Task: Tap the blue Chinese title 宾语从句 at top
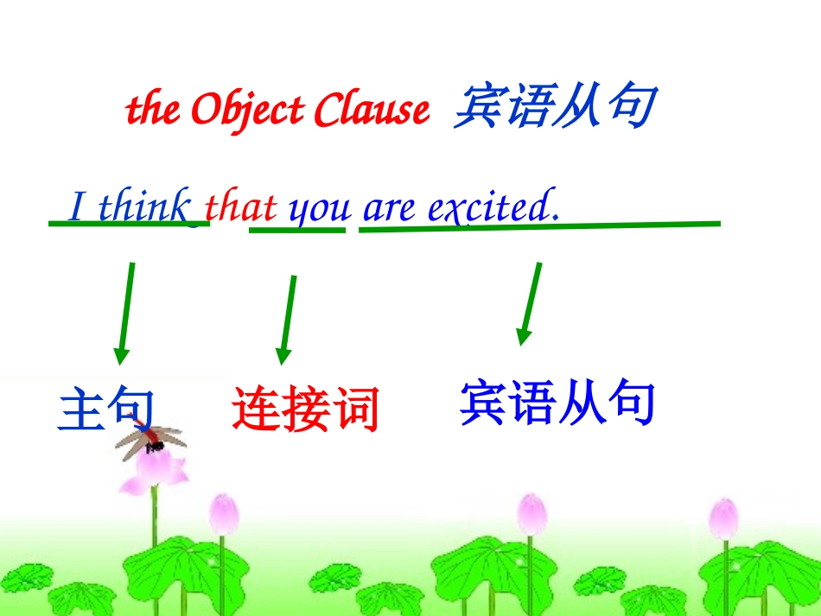click(553, 107)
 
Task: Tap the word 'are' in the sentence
click(389, 209)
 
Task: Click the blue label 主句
click(106, 409)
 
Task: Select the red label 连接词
click(305, 409)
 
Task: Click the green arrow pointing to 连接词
click(287, 320)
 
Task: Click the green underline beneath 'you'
click(297, 230)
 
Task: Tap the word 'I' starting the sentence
click(78, 208)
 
